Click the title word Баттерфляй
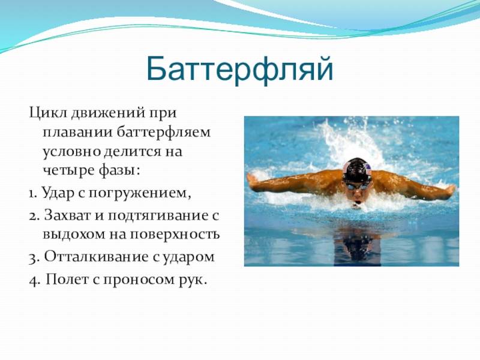tap(239, 70)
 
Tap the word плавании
tap(77, 133)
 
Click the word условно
tap(71, 152)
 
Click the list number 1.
tap(33, 193)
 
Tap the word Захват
tap(67, 215)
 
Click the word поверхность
tap(175, 235)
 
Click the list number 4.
tap(34, 280)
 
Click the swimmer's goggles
tap(356, 185)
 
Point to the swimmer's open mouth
tap(357, 203)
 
